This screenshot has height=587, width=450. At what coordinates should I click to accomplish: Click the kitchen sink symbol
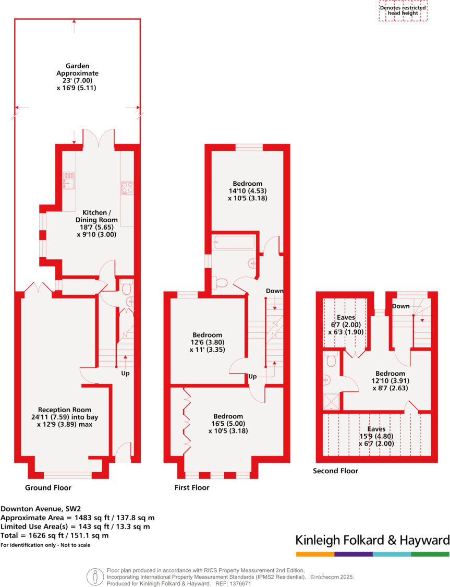69,178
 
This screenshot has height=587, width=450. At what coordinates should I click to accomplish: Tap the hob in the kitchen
127,187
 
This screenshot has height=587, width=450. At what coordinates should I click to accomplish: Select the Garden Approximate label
77,77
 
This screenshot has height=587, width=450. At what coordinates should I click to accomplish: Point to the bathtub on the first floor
234,242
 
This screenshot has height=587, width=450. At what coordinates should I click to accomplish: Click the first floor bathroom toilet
220,282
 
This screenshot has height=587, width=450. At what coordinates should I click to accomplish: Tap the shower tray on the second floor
330,401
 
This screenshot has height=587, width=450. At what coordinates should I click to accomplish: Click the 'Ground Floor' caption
48,488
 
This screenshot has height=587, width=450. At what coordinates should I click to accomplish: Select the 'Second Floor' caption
335,471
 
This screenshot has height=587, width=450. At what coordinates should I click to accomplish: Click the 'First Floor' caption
192,488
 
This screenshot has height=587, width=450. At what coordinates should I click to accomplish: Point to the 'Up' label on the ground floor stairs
126,374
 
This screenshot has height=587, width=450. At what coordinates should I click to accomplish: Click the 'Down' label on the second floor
400,306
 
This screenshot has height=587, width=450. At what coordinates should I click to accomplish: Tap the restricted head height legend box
403,11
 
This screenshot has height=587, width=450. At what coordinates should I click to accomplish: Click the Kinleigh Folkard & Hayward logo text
372,540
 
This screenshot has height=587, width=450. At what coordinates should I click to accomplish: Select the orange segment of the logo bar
315,554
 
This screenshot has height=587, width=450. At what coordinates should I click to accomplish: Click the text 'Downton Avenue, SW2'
41,508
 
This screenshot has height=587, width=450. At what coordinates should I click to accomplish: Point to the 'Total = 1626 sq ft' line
55,536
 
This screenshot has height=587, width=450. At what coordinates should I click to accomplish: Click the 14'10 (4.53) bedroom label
247,190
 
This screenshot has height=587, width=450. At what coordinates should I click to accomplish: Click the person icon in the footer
95,577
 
